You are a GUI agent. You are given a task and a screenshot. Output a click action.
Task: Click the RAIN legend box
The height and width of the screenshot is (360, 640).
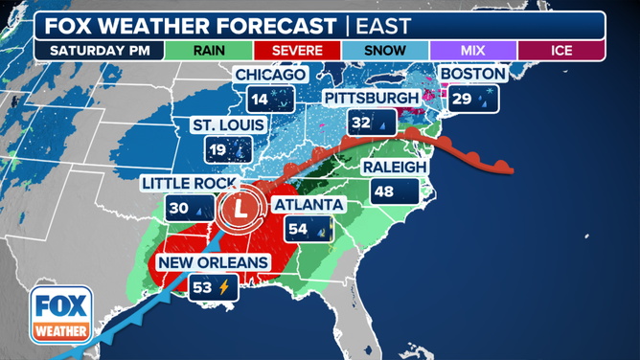click(208, 50)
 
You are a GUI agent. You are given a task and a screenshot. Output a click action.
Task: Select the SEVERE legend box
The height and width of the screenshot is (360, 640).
click(296, 50)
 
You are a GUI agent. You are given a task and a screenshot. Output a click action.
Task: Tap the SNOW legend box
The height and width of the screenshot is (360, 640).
click(384, 50)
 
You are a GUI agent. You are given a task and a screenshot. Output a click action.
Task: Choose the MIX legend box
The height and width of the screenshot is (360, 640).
click(472, 50)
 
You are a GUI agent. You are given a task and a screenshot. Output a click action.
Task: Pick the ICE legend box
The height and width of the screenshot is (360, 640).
click(560, 50)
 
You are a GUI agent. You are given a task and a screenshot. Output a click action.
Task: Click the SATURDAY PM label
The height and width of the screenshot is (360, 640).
click(100, 50)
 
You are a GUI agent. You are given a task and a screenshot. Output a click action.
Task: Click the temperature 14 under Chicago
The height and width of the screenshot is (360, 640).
click(259, 98)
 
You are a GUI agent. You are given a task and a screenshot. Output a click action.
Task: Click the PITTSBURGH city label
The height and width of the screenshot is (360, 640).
click(371, 99)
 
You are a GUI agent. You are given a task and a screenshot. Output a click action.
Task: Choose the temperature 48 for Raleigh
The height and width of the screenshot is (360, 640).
click(383, 191)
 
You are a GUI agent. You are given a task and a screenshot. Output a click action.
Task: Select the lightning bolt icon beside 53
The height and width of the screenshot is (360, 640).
click(224, 286)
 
